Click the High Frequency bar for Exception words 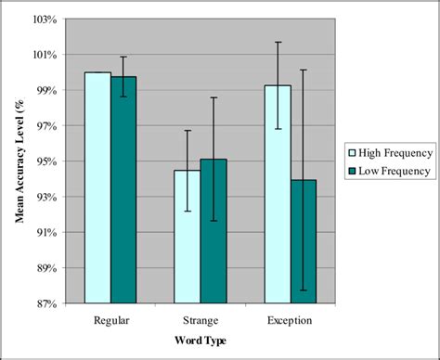[x=278, y=194]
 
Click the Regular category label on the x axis [x=111, y=320]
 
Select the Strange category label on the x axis [x=201, y=320]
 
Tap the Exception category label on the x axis [x=290, y=320]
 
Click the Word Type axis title [x=201, y=341]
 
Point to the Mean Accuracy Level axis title [x=19, y=161]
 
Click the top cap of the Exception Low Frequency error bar [x=304, y=70]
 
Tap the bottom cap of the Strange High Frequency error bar [x=188, y=212]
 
